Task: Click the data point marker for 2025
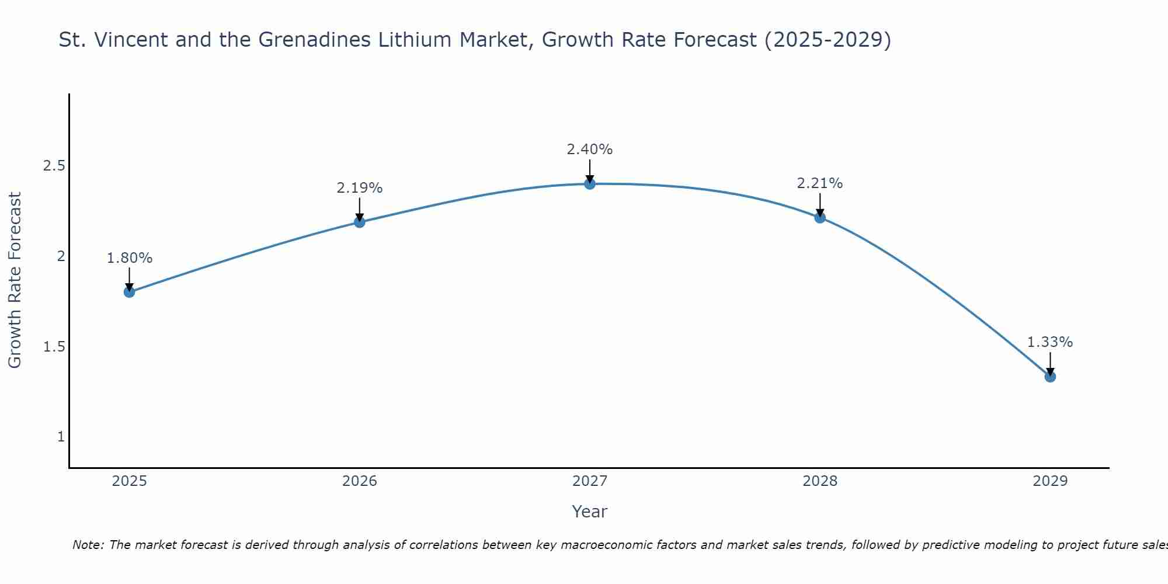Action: (130, 292)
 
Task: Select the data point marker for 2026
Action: (360, 222)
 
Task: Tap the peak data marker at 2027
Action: (590, 184)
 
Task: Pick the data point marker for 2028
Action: (820, 218)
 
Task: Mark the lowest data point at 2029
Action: (1050, 377)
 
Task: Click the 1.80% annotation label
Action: (130, 258)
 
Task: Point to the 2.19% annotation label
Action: (360, 188)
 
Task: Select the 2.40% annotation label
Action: (590, 150)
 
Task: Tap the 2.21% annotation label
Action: (820, 183)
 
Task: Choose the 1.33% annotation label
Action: (1050, 342)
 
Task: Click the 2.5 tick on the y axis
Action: (54, 166)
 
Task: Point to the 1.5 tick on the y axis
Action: (54, 347)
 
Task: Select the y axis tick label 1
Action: (61, 437)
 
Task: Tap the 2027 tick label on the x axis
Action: (590, 481)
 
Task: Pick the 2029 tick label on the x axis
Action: (1050, 481)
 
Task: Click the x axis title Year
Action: (590, 512)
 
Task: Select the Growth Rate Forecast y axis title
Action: (15, 280)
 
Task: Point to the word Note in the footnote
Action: (88, 545)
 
